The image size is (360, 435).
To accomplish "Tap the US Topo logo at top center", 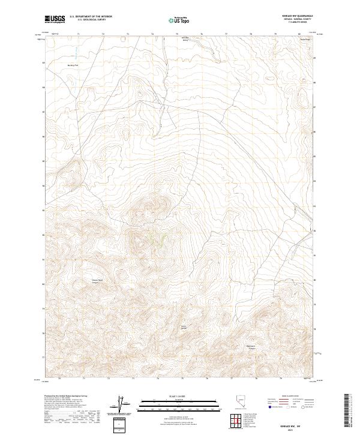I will pyautogui.click(x=179, y=20).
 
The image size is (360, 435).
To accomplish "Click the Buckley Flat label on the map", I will pyautogui.click(x=73, y=63).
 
